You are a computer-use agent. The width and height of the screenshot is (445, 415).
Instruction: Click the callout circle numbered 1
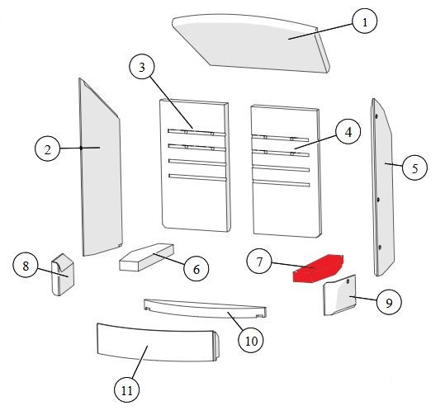point(365,21)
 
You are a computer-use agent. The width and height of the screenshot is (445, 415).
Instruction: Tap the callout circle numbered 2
point(47,149)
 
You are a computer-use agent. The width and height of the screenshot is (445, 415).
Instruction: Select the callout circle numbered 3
point(142,67)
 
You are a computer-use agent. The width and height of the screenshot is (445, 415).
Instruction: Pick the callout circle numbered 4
point(348,132)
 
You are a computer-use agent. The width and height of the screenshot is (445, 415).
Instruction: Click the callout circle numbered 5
point(414,167)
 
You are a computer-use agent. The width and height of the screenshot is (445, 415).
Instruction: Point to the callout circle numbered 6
point(196,269)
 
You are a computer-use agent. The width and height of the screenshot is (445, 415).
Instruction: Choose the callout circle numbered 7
point(259,262)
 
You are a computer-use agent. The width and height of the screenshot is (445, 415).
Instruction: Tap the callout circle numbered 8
point(26,266)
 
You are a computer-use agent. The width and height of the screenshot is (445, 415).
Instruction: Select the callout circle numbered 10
point(251,340)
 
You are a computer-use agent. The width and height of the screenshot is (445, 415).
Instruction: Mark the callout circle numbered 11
point(127,389)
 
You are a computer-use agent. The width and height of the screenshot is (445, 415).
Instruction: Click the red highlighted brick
point(318,269)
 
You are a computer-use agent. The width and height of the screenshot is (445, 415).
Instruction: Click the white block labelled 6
point(146,257)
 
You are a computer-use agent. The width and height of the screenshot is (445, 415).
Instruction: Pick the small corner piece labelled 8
point(63,275)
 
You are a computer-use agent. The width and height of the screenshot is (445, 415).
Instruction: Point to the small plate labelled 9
point(339,295)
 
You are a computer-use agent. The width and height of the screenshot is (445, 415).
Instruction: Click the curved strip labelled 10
point(205,309)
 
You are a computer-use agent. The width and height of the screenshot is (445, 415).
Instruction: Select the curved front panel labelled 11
point(158,342)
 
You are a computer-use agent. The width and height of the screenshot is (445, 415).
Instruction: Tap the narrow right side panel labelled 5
point(383,187)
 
